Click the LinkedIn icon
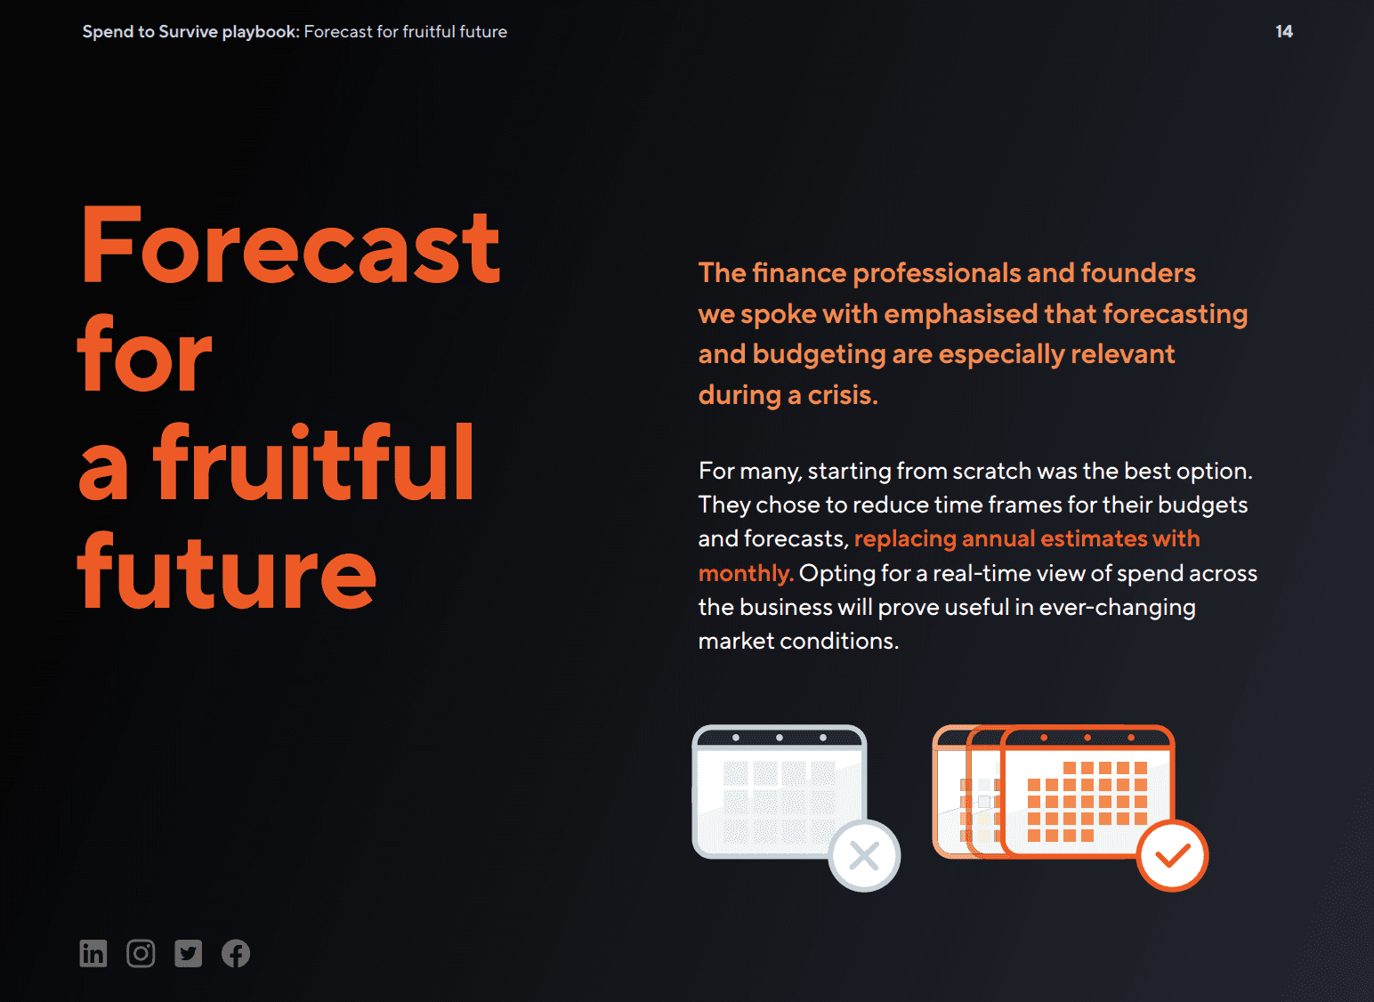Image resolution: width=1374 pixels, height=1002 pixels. pos(93,953)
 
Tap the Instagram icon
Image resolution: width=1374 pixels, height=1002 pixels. pos(141,953)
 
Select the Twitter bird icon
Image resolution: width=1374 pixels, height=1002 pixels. pos(189,953)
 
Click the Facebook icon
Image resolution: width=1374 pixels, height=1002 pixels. pos(236,953)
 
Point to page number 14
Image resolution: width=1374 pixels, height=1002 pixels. pos(1284,31)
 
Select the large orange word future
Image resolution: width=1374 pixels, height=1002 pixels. pos(226,570)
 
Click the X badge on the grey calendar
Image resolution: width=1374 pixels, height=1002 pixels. pos(864,855)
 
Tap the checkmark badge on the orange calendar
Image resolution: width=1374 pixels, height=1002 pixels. pos(1172,855)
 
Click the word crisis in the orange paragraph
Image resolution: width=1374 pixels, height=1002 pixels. pos(842,395)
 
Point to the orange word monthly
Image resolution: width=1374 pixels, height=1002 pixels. pos(746,573)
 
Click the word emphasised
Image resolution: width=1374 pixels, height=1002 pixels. pos(960,314)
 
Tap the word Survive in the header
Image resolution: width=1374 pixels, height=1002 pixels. pos(188,31)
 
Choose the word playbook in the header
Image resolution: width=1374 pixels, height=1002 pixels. pos(261,32)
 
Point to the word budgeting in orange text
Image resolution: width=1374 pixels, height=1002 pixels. pos(819,354)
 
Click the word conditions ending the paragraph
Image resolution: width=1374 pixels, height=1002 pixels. pos(839,641)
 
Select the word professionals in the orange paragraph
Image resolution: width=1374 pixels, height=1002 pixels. pos(937,273)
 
